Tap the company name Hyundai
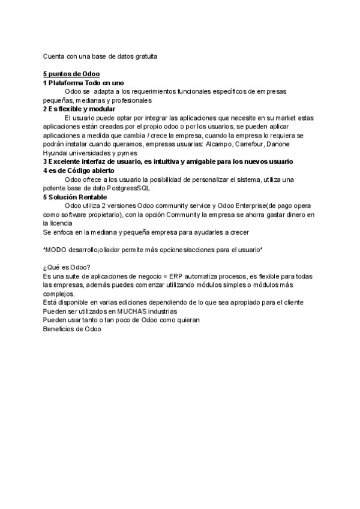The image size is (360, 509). pyautogui.click(x=56, y=153)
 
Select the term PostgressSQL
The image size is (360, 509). pyautogui.click(x=128, y=188)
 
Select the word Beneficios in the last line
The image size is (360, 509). pyautogui.click(x=58, y=329)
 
